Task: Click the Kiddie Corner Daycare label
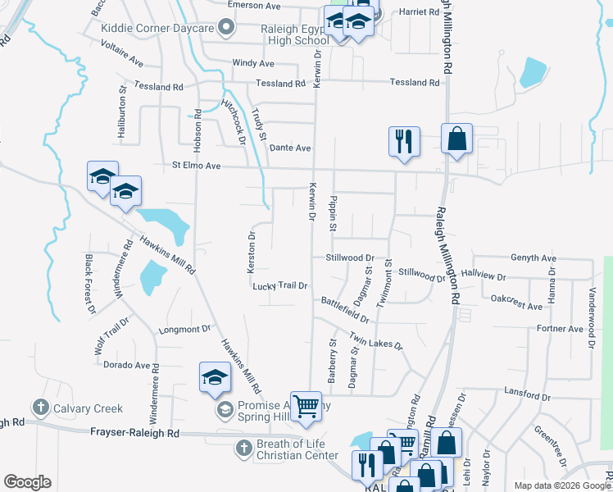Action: (157, 28)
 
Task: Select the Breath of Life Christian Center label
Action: (286, 449)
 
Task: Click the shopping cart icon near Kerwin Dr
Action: (306, 405)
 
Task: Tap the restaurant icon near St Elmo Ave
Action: (403, 141)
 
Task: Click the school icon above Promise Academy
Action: (215, 377)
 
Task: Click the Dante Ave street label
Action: (290, 148)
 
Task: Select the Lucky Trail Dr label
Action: (279, 286)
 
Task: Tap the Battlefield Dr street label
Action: (344, 309)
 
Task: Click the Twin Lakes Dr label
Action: (376, 340)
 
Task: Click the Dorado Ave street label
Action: (126, 365)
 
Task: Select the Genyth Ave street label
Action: (534, 257)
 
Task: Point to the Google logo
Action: (27, 482)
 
